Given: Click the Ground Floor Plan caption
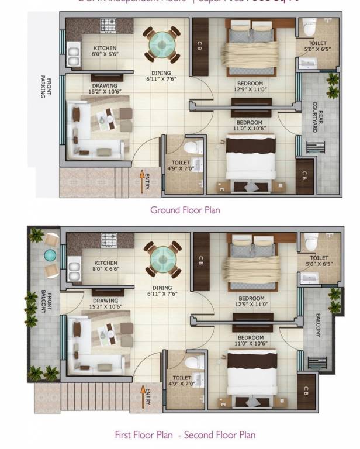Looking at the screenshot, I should (185, 210).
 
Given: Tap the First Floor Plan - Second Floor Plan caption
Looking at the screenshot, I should (185, 435).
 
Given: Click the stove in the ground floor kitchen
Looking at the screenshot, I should (109, 26).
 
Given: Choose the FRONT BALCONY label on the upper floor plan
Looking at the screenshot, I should (43, 304).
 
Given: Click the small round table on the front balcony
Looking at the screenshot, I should (50, 255).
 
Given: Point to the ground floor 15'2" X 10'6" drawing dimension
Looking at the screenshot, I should (105, 91).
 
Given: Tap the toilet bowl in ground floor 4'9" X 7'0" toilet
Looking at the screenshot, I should (193, 145).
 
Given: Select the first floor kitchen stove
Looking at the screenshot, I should (109, 240).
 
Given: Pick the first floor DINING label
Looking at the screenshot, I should (161, 288).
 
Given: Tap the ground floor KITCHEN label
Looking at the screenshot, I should (105, 48).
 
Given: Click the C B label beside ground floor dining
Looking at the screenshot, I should (199, 44).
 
